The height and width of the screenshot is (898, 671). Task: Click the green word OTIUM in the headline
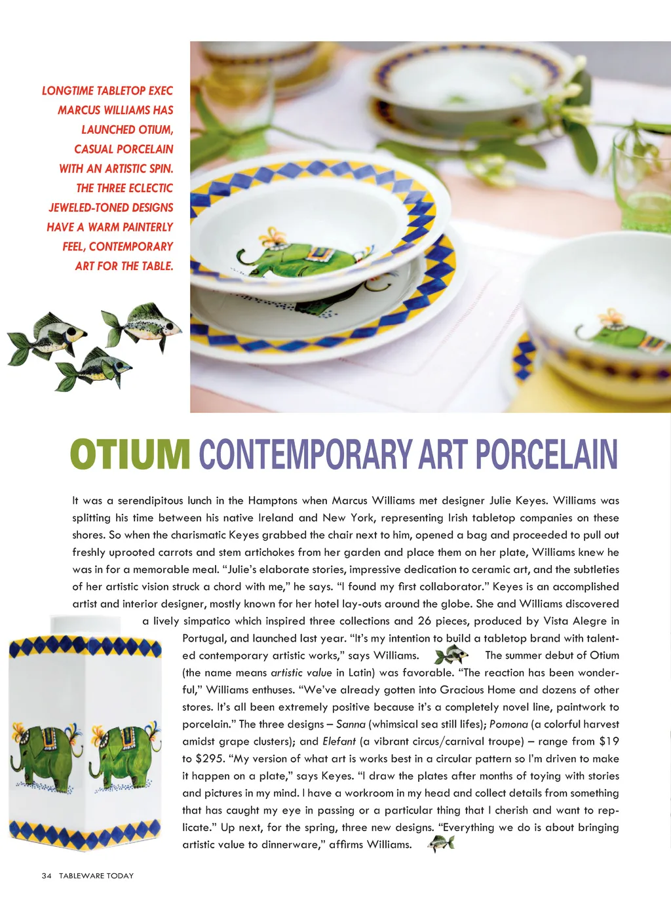[x=130, y=454]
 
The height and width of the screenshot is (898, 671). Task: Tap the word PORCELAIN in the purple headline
[x=546, y=454]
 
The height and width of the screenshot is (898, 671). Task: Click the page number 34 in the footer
[x=47, y=876]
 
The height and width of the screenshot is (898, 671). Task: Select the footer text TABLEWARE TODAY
[x=96, y=876]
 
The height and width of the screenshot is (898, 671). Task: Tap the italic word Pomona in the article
[x=508, y=724]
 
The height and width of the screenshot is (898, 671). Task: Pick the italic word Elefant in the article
[x=339, y=741]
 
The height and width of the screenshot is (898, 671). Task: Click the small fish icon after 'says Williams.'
[x=451, y=654]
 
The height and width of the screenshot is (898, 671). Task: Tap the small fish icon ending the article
[x=441, y=844]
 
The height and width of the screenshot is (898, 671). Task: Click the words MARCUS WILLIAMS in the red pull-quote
[x=115, y=110]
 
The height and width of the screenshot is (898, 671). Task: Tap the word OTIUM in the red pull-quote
[x=155, y=130]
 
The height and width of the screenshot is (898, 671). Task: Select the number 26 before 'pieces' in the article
[x=425, y=621]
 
